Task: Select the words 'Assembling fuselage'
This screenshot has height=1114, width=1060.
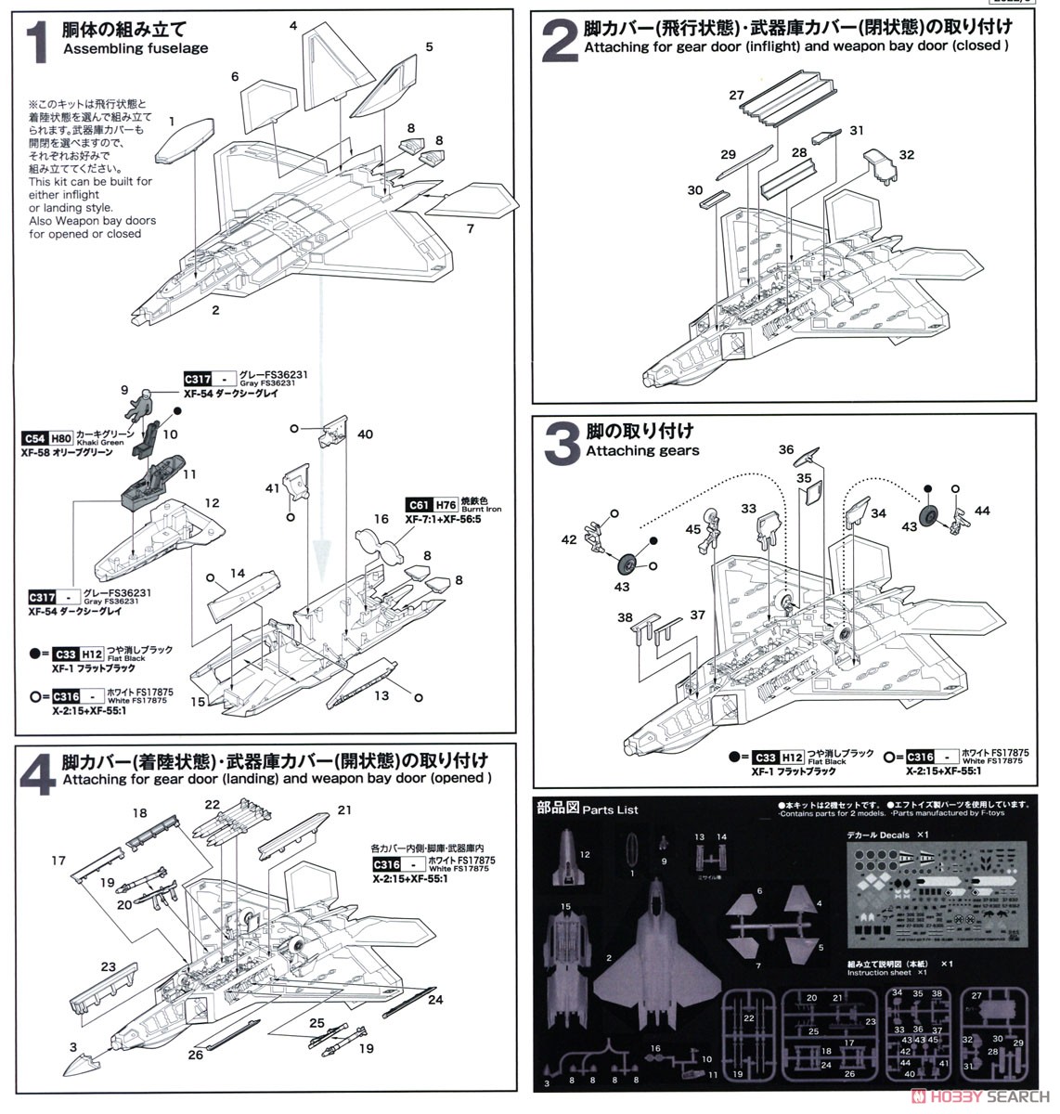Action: (x=136, y=48)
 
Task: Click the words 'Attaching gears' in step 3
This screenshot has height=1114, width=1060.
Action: (x=642, y=450)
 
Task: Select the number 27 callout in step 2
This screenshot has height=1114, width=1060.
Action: (x=736, y=95)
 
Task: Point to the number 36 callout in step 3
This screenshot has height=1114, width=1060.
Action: (x=786, y=450)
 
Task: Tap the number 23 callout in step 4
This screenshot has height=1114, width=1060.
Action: (x=109, y=967)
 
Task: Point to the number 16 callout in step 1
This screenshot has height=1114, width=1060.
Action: (x=381, y=520)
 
